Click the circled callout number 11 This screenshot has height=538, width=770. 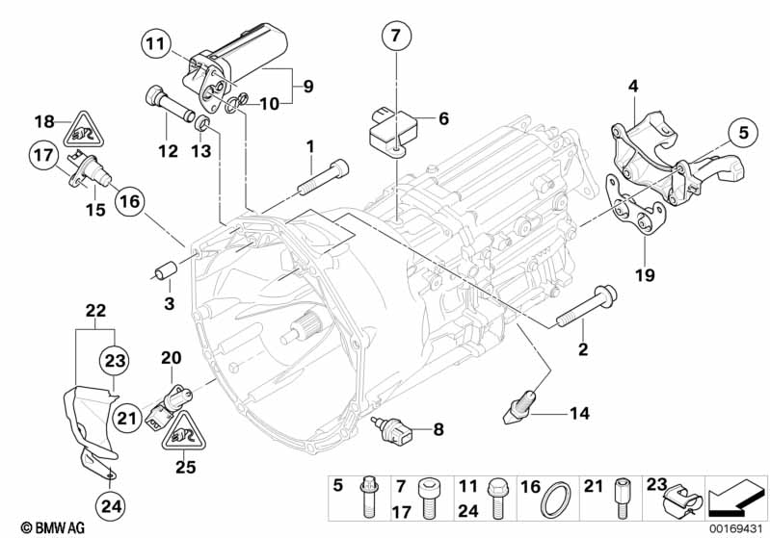point(157,42)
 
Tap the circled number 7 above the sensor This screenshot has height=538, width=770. point(394,38)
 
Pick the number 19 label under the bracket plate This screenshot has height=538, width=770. point(644,275)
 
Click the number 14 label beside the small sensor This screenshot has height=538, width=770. point(577,415)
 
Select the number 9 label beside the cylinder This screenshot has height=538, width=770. point(307,86)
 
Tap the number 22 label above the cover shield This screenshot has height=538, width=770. point(93,310)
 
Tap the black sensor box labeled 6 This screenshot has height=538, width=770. point(390,132)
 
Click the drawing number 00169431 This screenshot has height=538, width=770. point(735,526)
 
